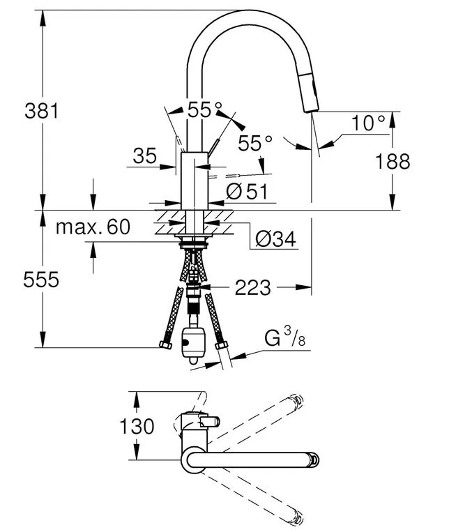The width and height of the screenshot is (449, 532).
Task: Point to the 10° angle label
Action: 368,124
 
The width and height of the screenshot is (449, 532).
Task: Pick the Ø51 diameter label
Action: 247,191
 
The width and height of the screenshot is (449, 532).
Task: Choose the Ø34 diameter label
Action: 275,240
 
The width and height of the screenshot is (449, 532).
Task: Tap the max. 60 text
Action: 92,227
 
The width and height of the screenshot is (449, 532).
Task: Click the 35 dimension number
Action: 144,156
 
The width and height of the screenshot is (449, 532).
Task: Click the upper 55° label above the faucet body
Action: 205,109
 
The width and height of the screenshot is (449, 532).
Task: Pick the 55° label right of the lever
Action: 256,144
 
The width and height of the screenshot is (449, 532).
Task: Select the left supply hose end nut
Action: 166,343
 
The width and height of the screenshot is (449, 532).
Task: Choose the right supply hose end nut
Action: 222,345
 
